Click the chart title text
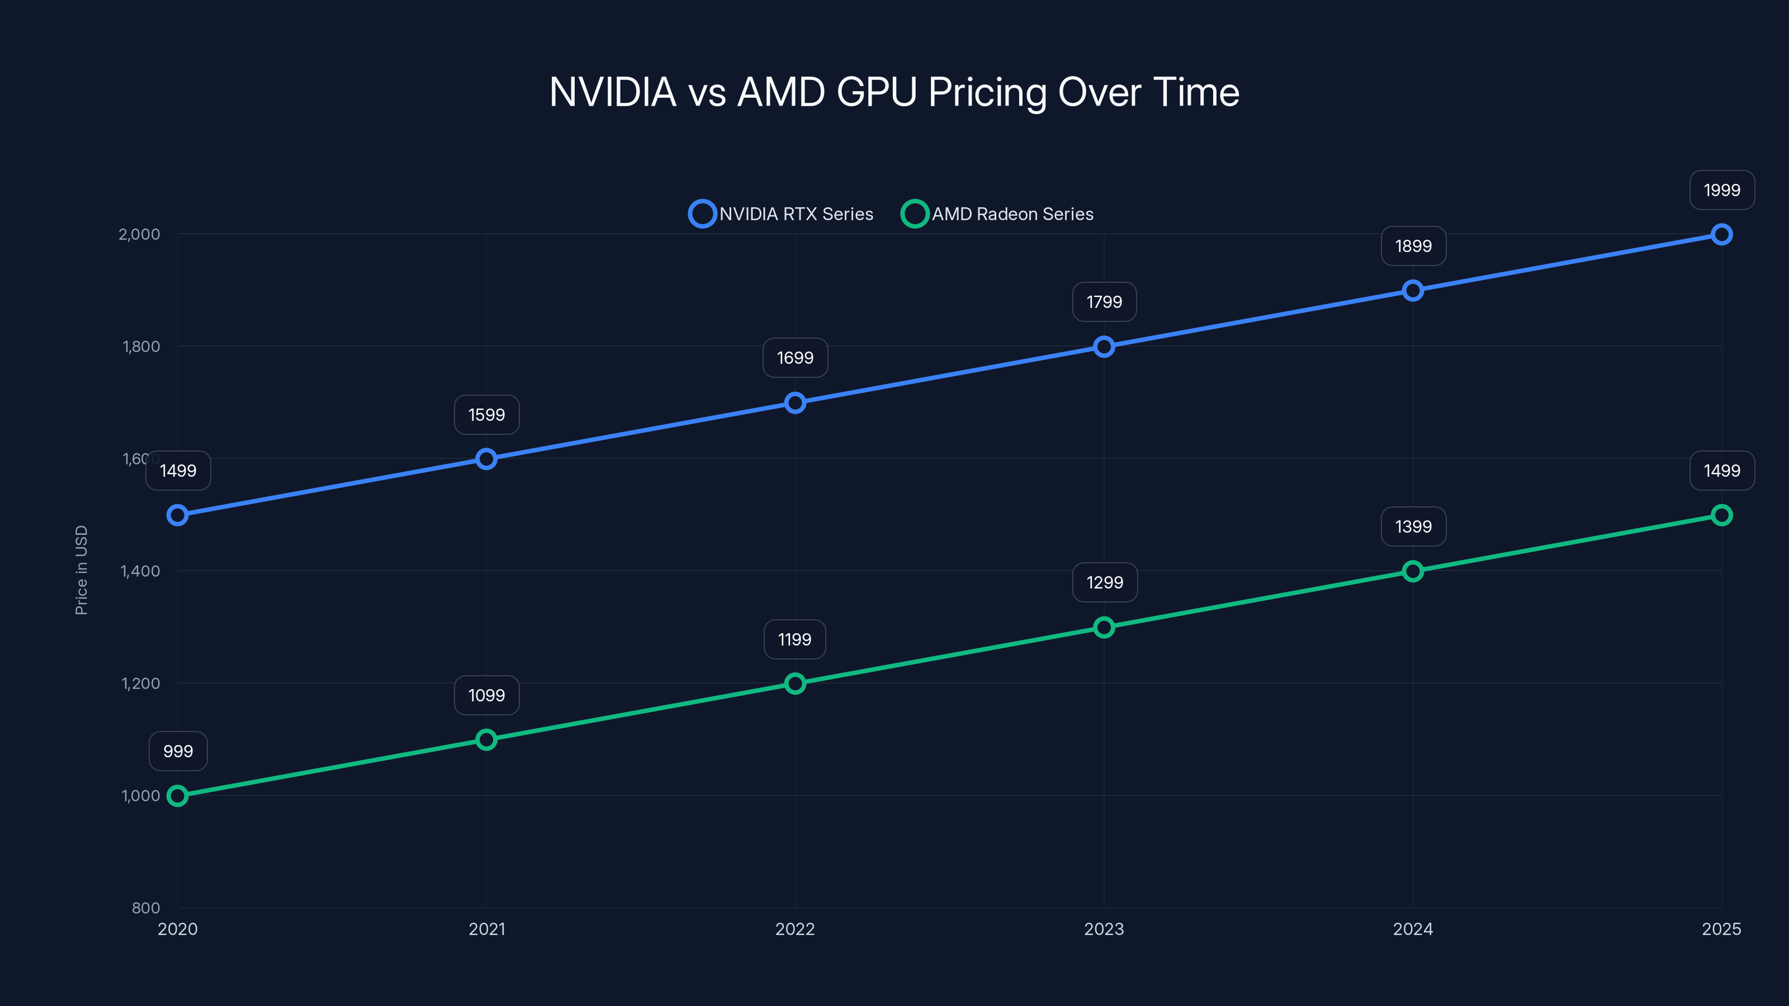[x=894, y=92]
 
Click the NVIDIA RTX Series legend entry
[x=782, y=214]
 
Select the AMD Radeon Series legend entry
[x=997, y=214]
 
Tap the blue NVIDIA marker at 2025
[x=1721, y=235]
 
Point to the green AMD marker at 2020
[x=178, y=796]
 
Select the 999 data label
[x=178, y=751]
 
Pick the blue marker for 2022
[x=795, y=402]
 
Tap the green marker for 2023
[x=1104, y=628]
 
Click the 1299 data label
[x=1104, y=582]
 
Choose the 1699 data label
[x=795, y=358]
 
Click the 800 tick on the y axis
[x=146, y=908]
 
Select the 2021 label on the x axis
[x=487, y=929]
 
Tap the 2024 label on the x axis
[x=1413, y=929]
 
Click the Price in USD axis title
[x=81, y=570]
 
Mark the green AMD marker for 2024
[x=1413, y=571]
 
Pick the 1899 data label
[x=1413, y=246]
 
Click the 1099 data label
[x=486, y=695]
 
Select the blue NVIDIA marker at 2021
[x=486, y=459]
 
